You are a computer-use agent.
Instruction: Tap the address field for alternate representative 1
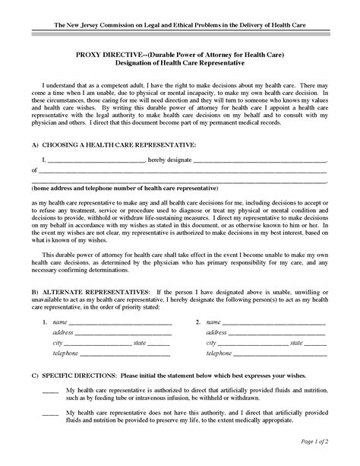122,333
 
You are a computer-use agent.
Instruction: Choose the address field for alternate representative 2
277,333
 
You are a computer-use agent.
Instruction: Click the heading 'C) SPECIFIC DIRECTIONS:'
75,376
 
